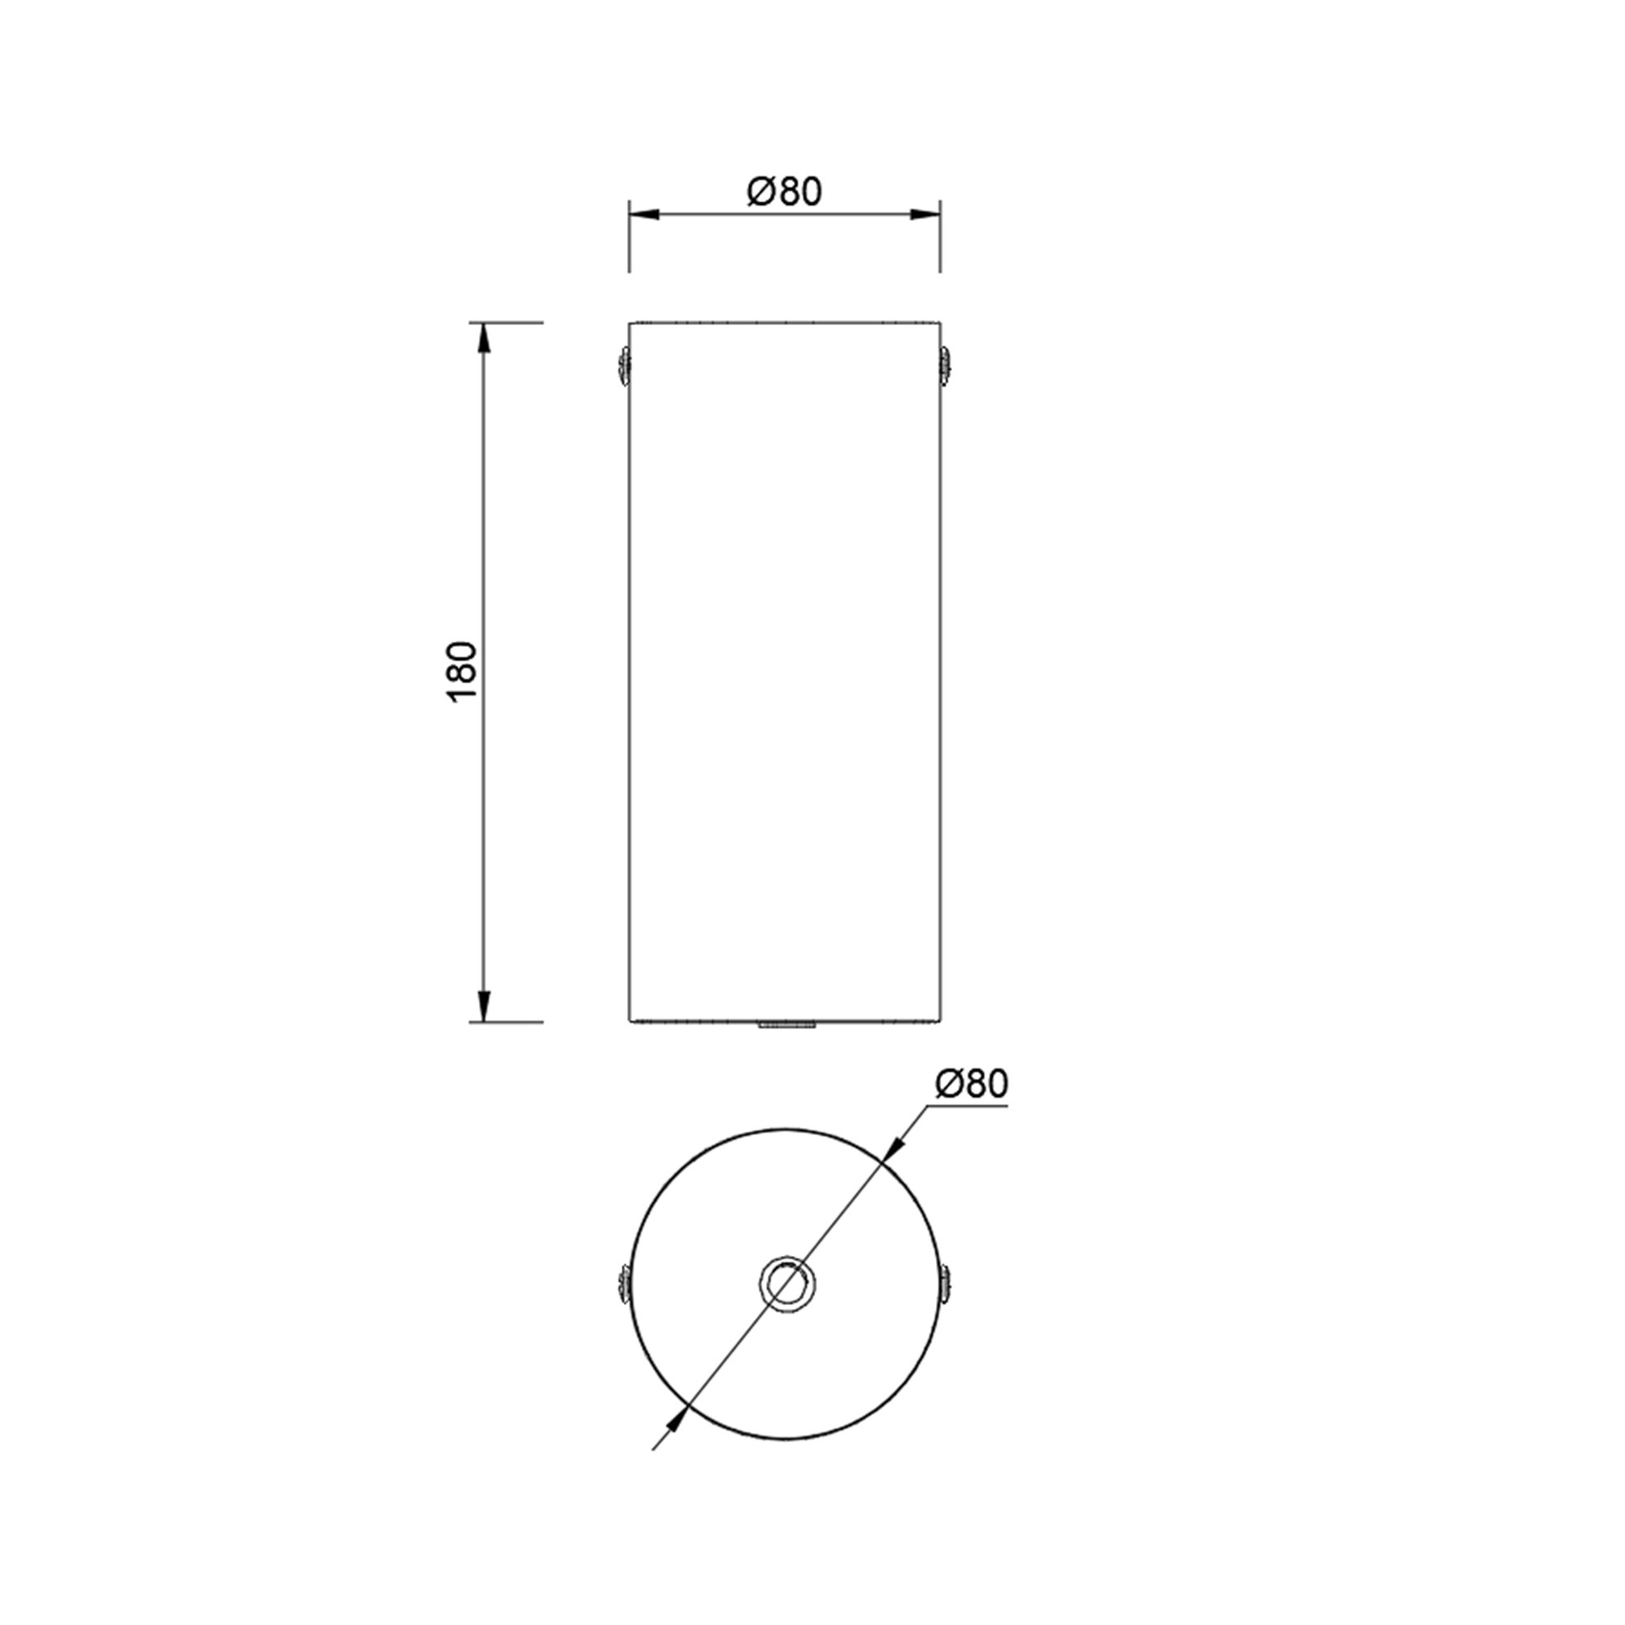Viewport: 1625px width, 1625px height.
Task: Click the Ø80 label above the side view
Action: [x=785, y=192]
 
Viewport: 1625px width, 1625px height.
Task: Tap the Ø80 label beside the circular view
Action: [x=972, y=1083]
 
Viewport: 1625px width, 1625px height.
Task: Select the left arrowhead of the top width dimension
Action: [x=644, y=215]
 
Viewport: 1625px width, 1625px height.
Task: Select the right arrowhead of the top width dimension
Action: [x=924, y=215]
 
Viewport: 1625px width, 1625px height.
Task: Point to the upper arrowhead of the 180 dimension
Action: [x=483, y=339]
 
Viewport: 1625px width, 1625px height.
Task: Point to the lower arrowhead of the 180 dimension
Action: [x=483, y=1005]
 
